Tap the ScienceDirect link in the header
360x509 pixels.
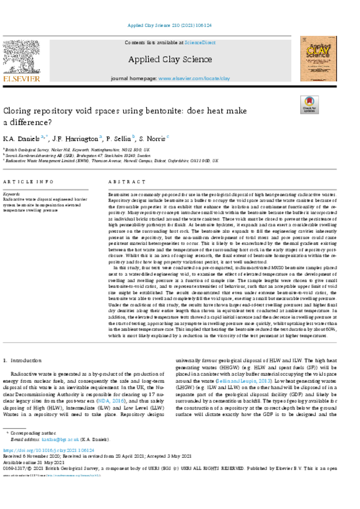(x=200, y=43)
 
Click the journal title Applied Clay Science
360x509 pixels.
(x=170, y=60)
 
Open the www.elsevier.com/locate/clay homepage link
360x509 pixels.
(x=194, y=79)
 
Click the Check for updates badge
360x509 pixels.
(x=309, y=104)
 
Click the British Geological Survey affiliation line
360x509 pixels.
(x=77, y=149)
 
